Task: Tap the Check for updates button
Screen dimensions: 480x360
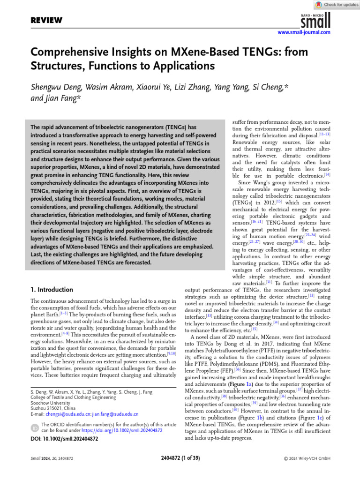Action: coord(337,4)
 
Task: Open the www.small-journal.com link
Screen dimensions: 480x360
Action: coord(304,32)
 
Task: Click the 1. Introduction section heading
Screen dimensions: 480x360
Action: coord(52,290)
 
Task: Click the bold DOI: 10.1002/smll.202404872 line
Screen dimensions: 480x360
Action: coord(64,439)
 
